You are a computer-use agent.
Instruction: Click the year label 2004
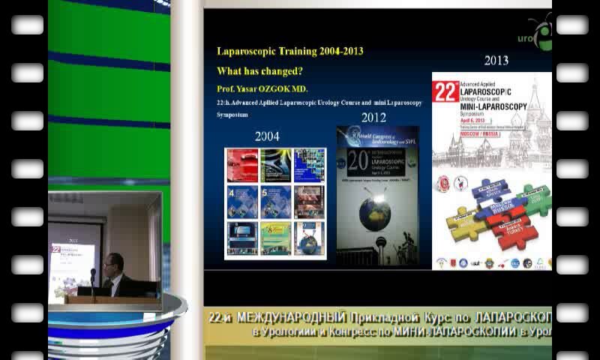267,136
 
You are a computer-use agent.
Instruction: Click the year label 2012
373,118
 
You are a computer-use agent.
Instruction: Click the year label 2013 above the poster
496,61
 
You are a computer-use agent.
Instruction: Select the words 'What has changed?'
259,71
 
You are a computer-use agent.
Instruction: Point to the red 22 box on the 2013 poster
446,91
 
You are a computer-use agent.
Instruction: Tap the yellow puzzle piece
463,223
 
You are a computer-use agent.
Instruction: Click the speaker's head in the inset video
112,262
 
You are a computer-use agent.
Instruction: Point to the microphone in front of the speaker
93,275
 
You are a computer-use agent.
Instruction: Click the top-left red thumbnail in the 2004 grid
242,165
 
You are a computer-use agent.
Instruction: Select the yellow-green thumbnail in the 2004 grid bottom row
275,238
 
